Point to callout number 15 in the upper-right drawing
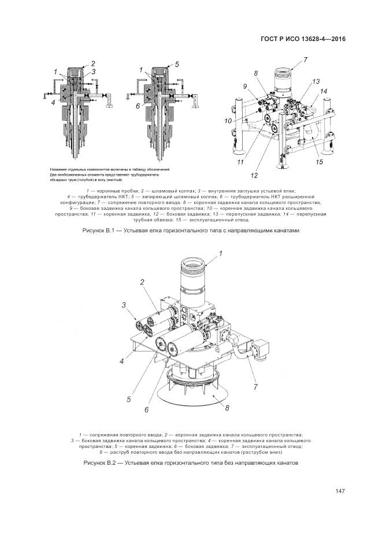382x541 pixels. [x=318, y=162]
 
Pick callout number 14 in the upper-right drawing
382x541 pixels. [x=324, y=91]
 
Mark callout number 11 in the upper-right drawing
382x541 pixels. [x=239, y=163]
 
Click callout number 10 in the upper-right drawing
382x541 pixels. [x=229, y=121]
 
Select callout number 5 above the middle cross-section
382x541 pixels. [x=177, y=64]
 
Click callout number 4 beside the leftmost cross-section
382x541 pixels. [x=53, y=102]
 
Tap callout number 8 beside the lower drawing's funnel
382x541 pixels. [x=227, y=407]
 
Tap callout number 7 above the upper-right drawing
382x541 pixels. [x=305, y=60]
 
